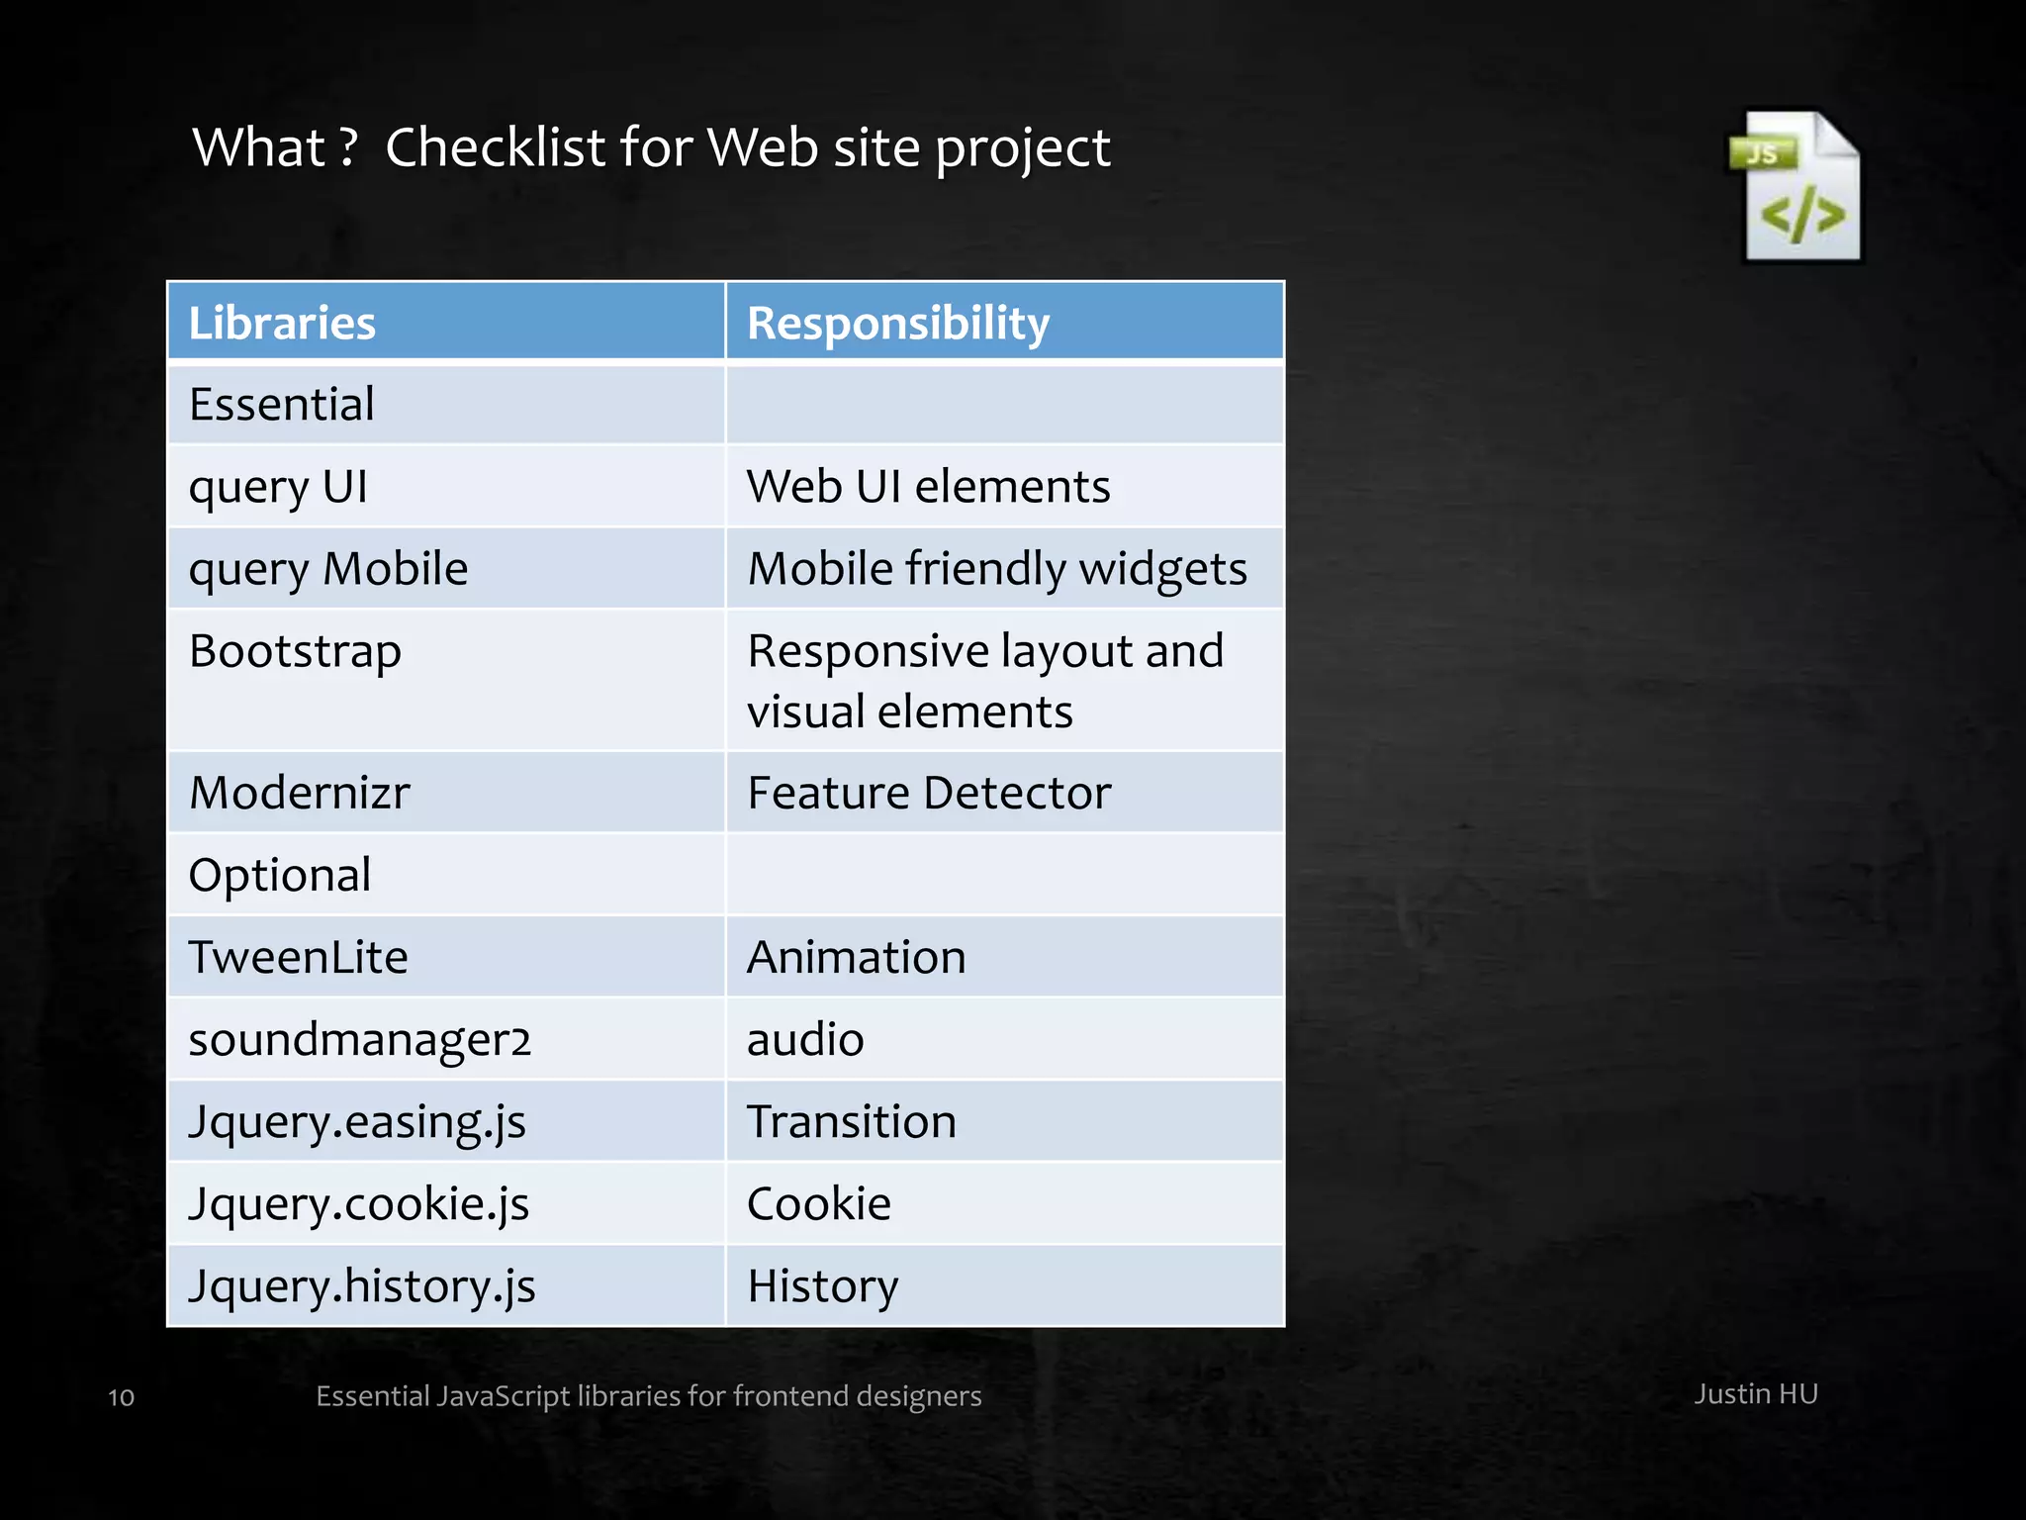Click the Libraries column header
click(x=282, y=323)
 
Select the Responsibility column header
click(x=897, y=323)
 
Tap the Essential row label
click(x=282, y=405)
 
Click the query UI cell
click(x=278, y=487)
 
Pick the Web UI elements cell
click(x=928, y=487)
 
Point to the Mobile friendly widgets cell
click(x=996, y=569)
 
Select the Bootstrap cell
click(x=295, y=652)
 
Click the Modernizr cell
click(x=299, y=793)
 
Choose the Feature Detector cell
click(x=928, y=793)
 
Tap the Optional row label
click(x=280, y=875)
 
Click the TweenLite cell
click(x=298, y=957)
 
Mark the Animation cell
click(x=856, y=957)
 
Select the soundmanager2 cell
click(x=360, y=1039)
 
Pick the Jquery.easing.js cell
click(x=357, y=1122)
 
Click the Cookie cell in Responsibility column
click(x=818, y=1204)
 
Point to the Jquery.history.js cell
click(x=362, y=1286)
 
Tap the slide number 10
click(x=121, y=1397)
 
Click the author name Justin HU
click(x=1755, y=1394)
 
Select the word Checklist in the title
click(x=495, y=148)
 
